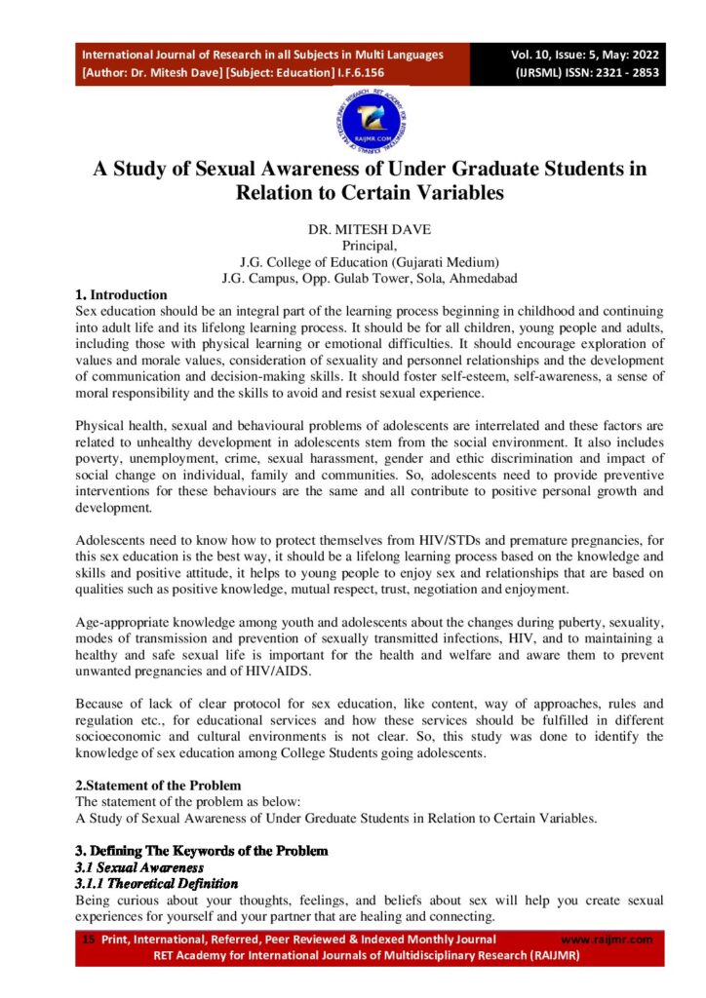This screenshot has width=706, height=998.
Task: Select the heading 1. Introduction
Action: tap(121, 294)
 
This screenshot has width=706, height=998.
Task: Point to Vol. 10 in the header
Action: tap(533, 55)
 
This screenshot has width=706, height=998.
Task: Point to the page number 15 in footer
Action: tap(88, 940)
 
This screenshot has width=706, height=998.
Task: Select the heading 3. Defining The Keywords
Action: tap(202, 850)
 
